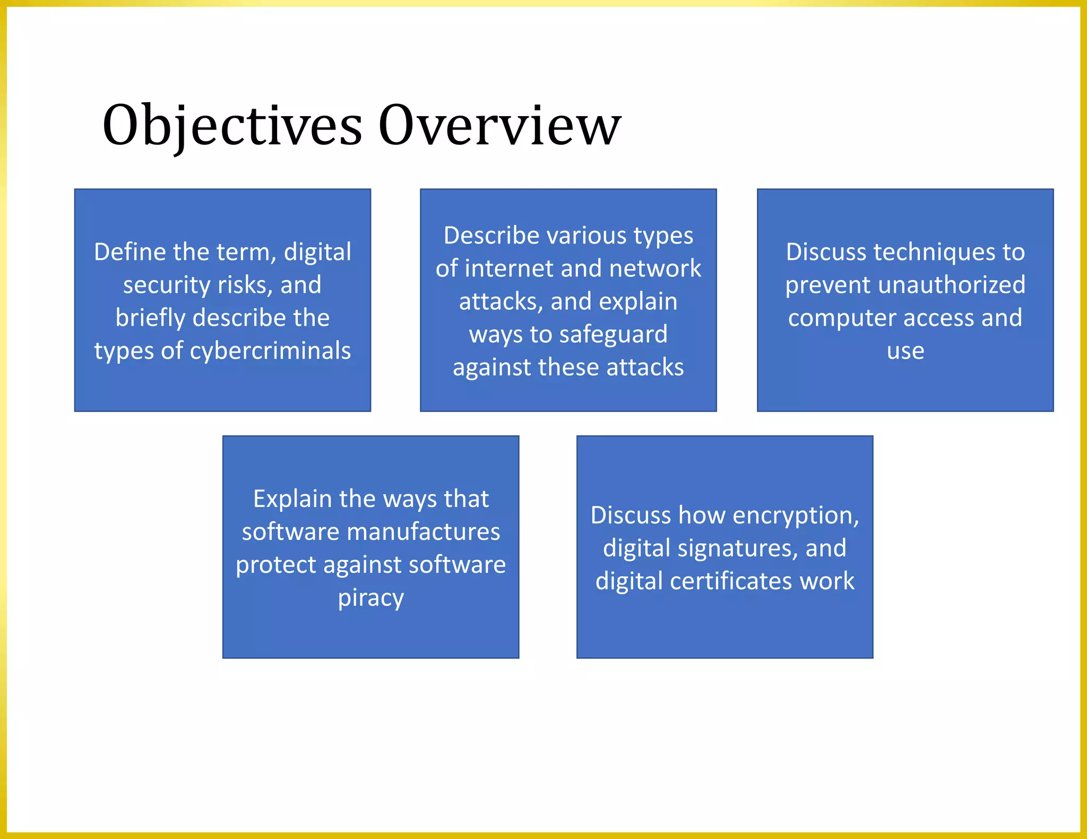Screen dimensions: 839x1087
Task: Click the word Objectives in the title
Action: (232, 126)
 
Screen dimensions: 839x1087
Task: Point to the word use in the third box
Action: (905, 351)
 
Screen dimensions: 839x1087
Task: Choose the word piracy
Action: (371, 598)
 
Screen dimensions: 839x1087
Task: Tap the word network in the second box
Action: (655, 268)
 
